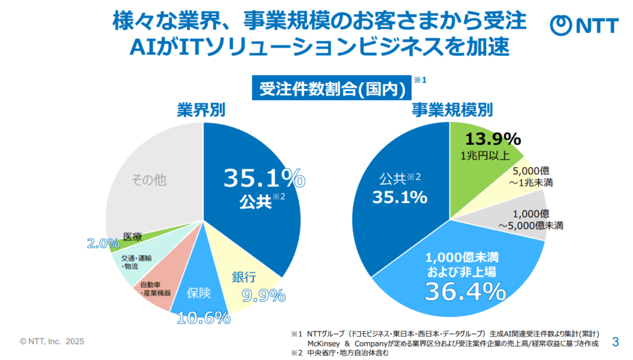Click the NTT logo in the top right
click(584, 24)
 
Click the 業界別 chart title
click(201, 110)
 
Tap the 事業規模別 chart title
click(452, 110)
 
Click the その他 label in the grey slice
click(150, 180)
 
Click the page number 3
click(615, 341)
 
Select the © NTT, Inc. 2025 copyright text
click(52, 341)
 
